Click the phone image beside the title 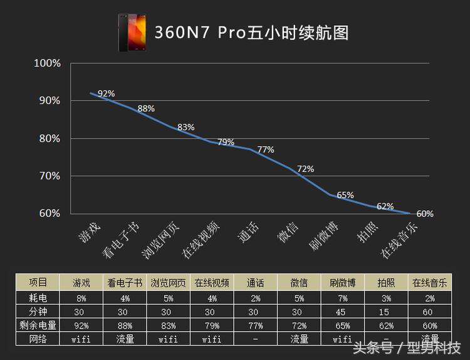(x=132, y=32)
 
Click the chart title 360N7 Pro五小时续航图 (x=251, y=32)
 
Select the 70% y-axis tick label (x=49, y=176)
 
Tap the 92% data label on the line (x=107, y=94)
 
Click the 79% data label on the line (x=226, y=142)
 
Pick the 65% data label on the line (x=345, y=195)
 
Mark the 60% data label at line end (x=425, y=214)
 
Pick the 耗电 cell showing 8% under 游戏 (x=81, y=297)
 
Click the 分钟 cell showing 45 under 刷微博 (x=342, y=311)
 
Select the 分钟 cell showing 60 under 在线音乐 (x=429, y=311)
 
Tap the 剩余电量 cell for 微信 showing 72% (x=299, y=325)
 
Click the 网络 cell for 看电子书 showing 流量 (x=125, y=339)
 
